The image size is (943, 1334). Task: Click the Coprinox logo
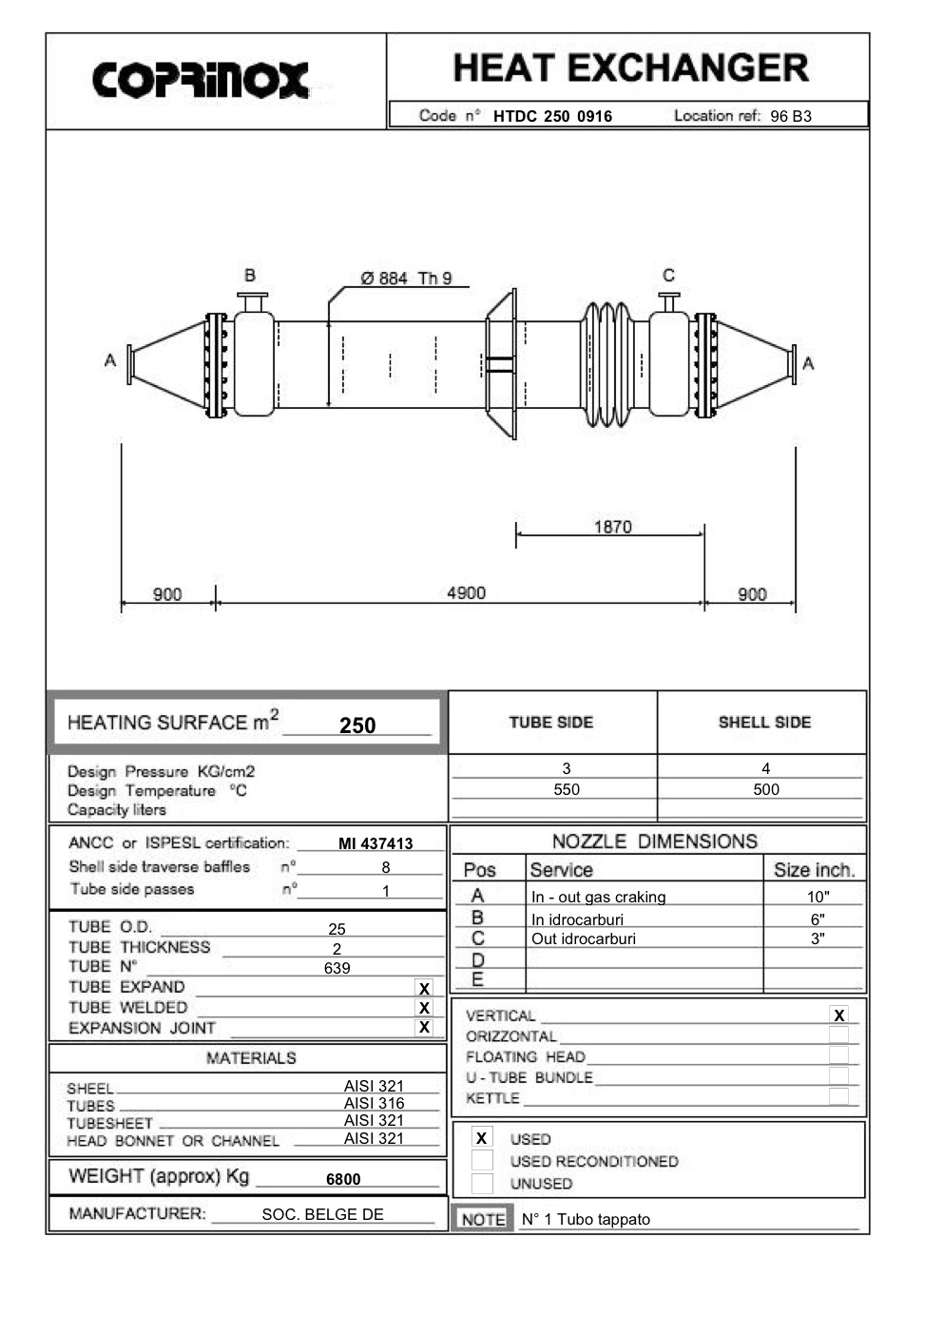click(201, 81)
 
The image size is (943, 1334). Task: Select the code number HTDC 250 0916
click(552, 117)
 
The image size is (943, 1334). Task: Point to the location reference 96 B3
click(790, 117)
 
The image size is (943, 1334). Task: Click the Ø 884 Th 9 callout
click(406, 279)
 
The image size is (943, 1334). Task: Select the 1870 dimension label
click(612, 527)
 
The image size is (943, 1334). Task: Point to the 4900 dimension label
click(466, 593)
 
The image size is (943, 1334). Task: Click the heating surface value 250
click(357, 725)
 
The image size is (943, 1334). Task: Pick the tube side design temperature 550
click(567, 789)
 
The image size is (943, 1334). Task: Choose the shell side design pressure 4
click(765, 768)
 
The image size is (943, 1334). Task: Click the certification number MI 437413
click(375, 843)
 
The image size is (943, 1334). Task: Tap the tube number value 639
click(337, 968)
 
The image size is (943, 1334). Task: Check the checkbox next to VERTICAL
click(838, 1015)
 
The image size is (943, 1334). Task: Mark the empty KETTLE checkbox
click(838, 1096)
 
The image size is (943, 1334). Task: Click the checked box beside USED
click(482, 1138)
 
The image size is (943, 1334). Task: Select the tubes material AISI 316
click(374, 1103)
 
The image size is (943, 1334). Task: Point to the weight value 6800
click(343, 1179)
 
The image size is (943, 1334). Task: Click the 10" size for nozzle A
click(818, 897)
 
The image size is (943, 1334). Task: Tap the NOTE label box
click(483, 1219)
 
